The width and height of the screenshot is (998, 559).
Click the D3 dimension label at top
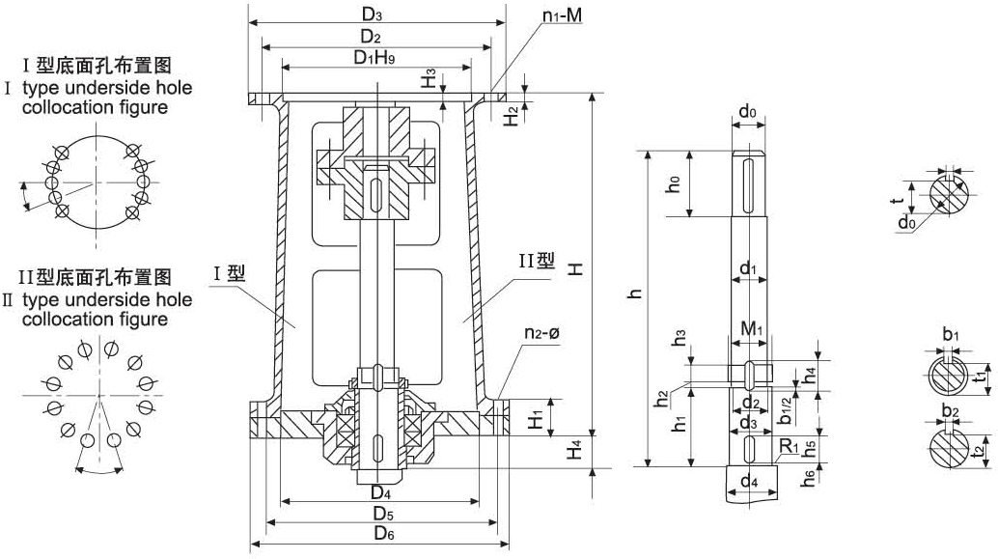coord(373,14)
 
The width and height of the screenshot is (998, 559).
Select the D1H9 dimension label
coord(373,58)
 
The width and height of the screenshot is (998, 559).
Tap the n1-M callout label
coord(561,16)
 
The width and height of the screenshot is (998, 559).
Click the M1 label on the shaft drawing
coord(752,330)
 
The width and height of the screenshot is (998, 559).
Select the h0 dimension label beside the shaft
coord(676,183)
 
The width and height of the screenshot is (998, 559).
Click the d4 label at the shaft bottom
coord(749,480)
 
